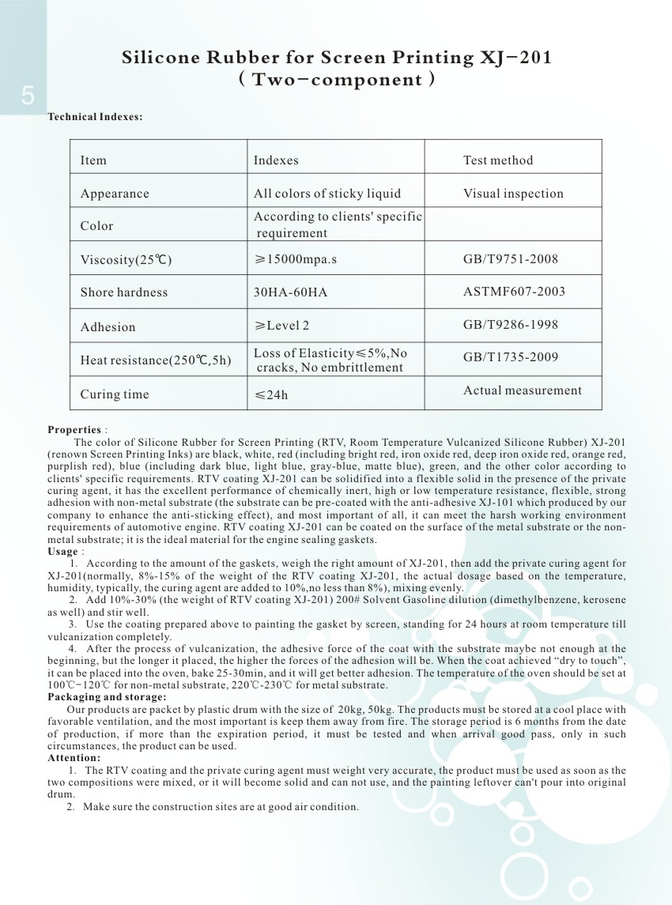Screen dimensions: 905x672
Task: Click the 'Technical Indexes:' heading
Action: pyautogui.click(x=95, y=117)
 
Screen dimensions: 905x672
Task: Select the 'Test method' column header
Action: pyautogui.click(x=497, y=160)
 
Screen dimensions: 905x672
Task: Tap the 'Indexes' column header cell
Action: pyautogui.click(x=276, y=160)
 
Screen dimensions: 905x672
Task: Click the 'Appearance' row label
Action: pyautogui.click(x=114, y=194)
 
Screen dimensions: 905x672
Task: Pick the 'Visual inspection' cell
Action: pyautogui.click(x=513, y=194)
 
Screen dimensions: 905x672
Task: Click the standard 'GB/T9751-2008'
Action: pyautogui.click(x=511, y=258)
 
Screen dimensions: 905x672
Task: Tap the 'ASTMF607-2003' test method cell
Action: pyautogui.click(x=514, y=292)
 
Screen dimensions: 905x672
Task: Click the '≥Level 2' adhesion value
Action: pyautogui.click(x=281, y=326)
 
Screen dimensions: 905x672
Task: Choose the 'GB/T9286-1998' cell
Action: pyautogui.click(x=511, y=324)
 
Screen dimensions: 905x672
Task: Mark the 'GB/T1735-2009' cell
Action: pyautogui.click(x=511, y=357)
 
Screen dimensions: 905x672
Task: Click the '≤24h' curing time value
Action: pyautogui.click(x=271, y=394)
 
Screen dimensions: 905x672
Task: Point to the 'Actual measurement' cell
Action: pyautogui.click(x=522, y=390)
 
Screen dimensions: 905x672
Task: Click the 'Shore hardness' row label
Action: pyautogui.click(x=123, y=292)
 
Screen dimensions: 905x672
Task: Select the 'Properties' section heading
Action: pyautogui.click(x=74, y=430)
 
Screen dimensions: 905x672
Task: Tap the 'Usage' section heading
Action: pyautogui.click(x=63, y=552)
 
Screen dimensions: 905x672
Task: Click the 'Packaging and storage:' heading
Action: pyautogui.click(x=107, y=697)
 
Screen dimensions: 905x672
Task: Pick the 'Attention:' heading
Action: pyautogui.click(x=74, y=758)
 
